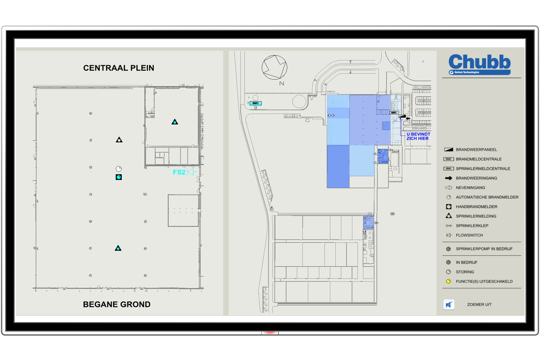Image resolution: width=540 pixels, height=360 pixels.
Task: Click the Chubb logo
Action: pyautogui.click(x=480, y=64)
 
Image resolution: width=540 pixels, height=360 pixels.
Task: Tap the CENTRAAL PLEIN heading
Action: pyautogui.click(x=119, y=68)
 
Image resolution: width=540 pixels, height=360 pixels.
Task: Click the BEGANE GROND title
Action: pyautogui.click(x=117, y=304)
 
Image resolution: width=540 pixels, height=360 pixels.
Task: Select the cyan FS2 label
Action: pyautogui.click(x=179, y=172)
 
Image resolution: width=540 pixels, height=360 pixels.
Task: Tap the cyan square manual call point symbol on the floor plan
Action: pyautogui.click(x=119, y=177)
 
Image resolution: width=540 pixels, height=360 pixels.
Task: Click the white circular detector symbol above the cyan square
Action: pyautogui.click(x=119, y=169)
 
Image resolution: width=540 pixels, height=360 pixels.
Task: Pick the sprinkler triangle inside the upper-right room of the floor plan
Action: pyautogui.click(x=175, y=122)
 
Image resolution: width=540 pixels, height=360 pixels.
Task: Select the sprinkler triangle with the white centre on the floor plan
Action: pyautogui.click(x=119, y=140)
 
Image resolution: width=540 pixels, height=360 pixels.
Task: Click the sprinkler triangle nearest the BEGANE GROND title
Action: pyautogui.click(x=118, y=248)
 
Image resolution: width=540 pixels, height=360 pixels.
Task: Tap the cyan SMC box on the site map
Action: pyautogui.click(x=255, y=103)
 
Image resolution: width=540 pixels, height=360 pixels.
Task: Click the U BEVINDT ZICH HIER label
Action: pyautogui.click(x=418, y=136)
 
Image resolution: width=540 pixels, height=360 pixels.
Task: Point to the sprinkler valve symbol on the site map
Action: pyautogui.click(x=331, y=115)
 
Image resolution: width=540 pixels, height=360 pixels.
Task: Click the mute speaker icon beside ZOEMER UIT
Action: pyautogui.click(x=449, y=305)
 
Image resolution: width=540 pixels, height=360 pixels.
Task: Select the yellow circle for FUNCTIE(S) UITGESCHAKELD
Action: pyautogui.click(x=449, y=281)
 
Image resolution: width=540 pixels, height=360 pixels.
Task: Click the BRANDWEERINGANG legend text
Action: pyautogui.click(x=476, y=178)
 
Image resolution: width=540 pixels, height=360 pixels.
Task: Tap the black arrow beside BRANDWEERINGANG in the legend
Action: pyautogui.click(x=449, y=178)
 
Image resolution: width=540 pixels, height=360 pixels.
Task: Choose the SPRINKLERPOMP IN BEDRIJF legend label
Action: pyautogui.click(x=484, y=249)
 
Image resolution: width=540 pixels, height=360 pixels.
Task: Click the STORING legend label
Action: pyautogui.click(x=465, y=272)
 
